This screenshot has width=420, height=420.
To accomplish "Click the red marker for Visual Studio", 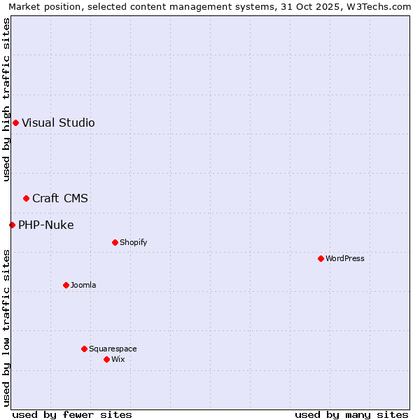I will [15, 123].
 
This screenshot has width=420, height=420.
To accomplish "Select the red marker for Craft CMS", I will [26, 199].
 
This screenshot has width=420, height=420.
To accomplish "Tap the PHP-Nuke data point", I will [12, 225].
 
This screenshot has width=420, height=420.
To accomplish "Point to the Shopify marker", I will [115, 243].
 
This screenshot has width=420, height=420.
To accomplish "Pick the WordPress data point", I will [321, 259].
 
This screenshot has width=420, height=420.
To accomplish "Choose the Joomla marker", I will [66, 286].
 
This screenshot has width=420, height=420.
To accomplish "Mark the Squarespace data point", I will [84, 349].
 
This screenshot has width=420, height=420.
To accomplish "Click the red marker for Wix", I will [106, 360].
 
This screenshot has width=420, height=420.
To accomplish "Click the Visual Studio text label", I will [58, 123].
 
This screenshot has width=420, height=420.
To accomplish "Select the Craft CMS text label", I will [60, 199].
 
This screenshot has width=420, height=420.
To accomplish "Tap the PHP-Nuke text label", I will [46, 225].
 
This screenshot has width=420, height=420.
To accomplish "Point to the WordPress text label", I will [345, 259].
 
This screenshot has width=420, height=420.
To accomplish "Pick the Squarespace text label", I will [113, 349].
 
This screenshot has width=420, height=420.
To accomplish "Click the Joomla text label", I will [83, 286].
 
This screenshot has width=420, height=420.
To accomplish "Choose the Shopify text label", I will [133, 243].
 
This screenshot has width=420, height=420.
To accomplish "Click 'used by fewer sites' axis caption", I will [72, 414].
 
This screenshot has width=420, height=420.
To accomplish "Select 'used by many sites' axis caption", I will [351, 414].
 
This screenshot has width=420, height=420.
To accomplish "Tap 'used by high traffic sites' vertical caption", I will [6, 99].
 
